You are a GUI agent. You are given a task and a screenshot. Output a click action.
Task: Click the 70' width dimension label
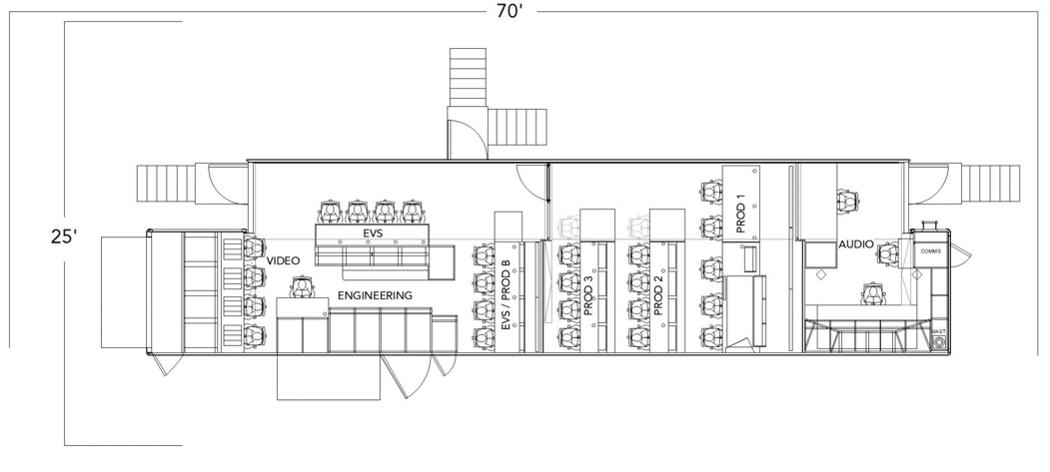pyautogui.click(x=510, y=11)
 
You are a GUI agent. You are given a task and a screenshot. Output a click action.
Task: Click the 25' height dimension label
pyautogui.click(x=64, y=236)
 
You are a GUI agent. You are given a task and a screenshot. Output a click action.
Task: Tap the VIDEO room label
pyautogui.click(x=284, y=260)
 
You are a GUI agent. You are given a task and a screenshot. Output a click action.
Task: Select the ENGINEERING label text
pyautogui.click(x=375, y=295)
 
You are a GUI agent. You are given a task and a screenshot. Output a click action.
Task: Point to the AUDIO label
pyautogui.click(x=856, y=244)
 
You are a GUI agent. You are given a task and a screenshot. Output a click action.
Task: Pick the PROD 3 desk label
pyautogui.click(x=588, y=295)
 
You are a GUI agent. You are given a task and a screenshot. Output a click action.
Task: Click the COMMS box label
pyautogui.click(x=931, y=251)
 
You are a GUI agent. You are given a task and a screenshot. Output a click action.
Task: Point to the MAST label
pyautogui.click(x=939, y=331)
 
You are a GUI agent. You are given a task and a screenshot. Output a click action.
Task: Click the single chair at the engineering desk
pyautogui.click(x=302, y=287)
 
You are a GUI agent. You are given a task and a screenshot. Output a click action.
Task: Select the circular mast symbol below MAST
pyautogui.click(x=939, y=343)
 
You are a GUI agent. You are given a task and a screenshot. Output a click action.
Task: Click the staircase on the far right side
pyautogui.click(x=990, y=184)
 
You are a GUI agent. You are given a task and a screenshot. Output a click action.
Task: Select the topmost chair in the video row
pyautogui.click(x=253, y=247)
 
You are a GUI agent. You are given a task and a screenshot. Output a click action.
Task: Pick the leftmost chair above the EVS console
pyautogui.click(x=330, y=212)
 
